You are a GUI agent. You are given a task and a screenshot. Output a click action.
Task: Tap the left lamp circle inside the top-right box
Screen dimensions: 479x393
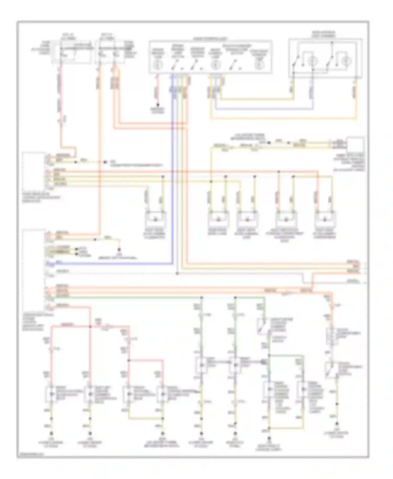click(x=312, y=61)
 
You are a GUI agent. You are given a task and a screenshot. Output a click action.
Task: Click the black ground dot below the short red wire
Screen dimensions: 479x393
click(x=158, y=105)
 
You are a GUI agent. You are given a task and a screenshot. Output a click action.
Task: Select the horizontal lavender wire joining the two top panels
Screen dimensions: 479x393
click(x=262, y=109)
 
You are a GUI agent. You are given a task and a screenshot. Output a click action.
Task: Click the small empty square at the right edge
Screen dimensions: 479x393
click(x=356, y=145)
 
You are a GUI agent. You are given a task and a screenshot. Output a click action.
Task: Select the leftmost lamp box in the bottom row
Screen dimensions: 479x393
click(x=51, y=394)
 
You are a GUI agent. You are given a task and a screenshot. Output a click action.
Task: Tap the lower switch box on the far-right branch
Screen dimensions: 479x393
click(x=331, y=370)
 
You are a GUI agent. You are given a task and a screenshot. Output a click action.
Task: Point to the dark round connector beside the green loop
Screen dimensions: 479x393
click(x=263, y=362)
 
